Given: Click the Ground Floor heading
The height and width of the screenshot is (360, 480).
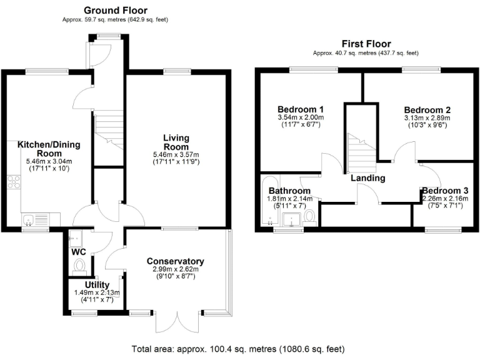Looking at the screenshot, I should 115,10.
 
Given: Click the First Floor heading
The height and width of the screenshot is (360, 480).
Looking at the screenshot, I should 366,44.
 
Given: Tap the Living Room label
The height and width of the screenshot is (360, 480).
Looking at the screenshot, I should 176,142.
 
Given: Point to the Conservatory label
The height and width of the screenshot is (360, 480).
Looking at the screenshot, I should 176,261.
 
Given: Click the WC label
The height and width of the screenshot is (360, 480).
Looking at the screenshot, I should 79,252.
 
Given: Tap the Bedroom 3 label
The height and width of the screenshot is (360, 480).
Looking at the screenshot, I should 444,191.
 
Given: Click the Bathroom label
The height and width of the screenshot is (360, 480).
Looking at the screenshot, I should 289,191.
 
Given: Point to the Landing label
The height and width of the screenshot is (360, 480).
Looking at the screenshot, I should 367,178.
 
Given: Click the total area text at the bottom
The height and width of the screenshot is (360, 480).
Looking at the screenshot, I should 237,349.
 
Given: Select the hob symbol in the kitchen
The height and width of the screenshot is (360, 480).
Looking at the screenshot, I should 14,183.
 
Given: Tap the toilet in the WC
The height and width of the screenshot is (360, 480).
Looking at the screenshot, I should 79,266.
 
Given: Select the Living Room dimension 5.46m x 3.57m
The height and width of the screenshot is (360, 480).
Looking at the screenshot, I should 176,155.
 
